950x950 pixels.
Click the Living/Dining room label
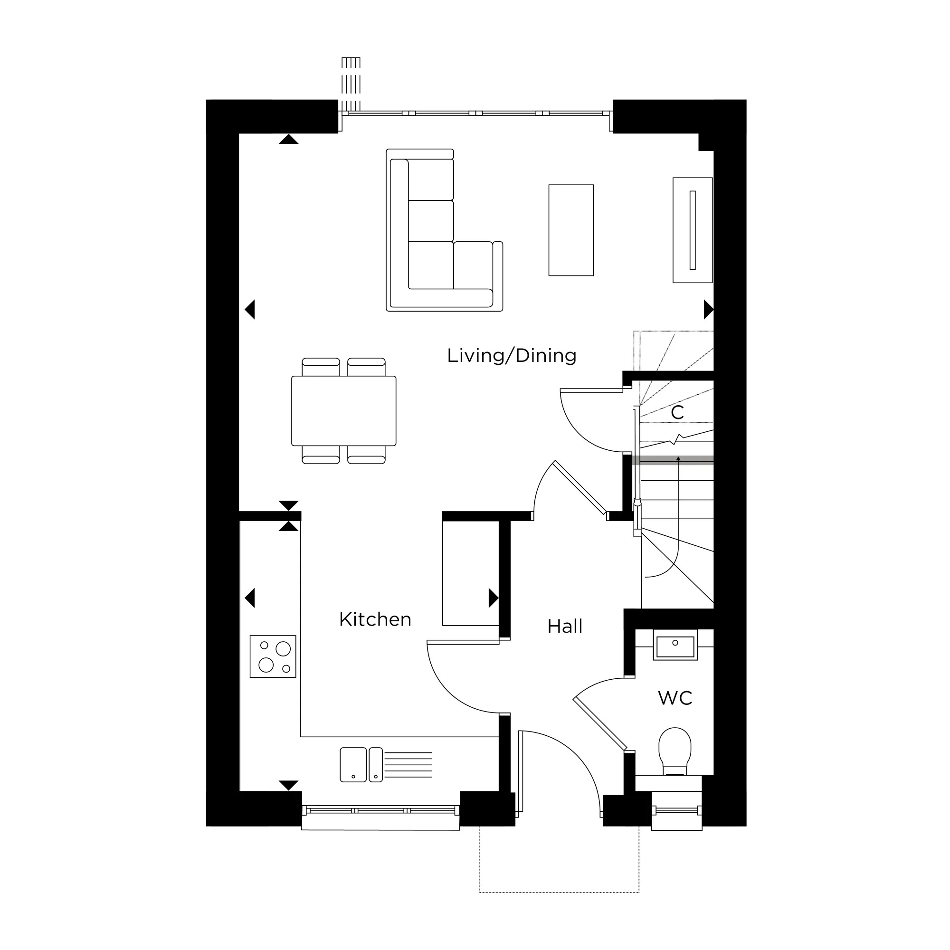tap(512, 356)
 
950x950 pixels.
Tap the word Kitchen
tap(375, 619)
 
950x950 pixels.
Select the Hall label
tap(565, 627)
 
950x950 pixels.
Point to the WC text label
tap(675, 698)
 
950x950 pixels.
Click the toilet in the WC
tap(674, 752)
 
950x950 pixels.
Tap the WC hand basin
tap(675, 645)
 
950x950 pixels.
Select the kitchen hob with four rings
tap(273, 656)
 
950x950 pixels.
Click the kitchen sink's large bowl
tap(353, 765)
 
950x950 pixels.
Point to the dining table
tap(344, 411)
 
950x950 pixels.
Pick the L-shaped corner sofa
tap(444, 230)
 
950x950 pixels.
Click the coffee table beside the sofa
tap(571, 230)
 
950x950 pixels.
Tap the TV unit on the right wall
tap(693, 230)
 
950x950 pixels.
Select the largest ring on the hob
tap(283, 649)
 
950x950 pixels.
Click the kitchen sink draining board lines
tap(408, 765)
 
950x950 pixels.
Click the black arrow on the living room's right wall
tap(709, 310)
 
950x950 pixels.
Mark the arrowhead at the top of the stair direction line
tap(679, 459)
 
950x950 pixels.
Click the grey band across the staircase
tap(673, 460)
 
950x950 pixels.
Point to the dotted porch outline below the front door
tap(559, 892)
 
